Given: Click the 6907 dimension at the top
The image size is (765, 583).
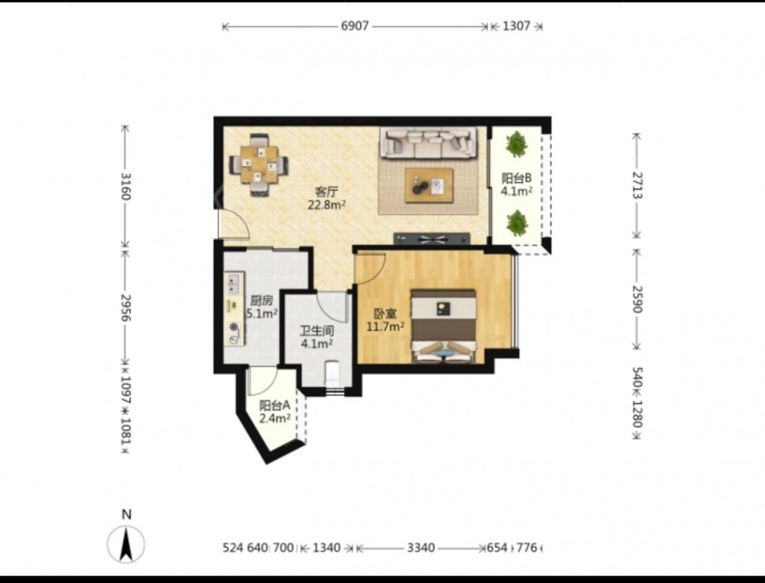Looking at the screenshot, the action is (355, 26).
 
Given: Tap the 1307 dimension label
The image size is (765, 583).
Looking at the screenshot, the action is (516, 26).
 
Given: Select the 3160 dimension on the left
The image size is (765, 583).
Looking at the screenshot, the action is (125, 186).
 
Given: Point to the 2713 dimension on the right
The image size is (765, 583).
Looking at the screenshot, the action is (636, 185).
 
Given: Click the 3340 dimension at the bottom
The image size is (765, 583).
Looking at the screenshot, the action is (421, 548).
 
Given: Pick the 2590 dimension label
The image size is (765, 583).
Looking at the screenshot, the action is (636, 298).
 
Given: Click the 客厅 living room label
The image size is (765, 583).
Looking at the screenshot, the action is (327, 191).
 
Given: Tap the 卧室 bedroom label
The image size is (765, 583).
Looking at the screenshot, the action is (386, 314).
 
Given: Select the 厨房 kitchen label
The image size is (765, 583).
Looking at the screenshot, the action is (262, 301).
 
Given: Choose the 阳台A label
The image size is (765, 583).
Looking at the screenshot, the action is (275, 405).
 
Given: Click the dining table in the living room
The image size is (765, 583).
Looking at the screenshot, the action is (259, 164).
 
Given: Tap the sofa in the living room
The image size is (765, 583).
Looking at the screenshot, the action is (428, 142).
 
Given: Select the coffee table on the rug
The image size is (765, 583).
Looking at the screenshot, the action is (429, 185).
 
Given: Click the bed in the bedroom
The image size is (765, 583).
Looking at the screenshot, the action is (443, 327).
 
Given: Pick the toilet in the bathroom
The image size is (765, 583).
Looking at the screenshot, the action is (333, 373).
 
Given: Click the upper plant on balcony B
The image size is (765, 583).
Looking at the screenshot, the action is (516, 144).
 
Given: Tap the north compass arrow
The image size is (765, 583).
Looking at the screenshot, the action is (126, 545).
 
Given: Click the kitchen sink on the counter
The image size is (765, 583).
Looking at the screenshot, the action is (233, 283).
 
